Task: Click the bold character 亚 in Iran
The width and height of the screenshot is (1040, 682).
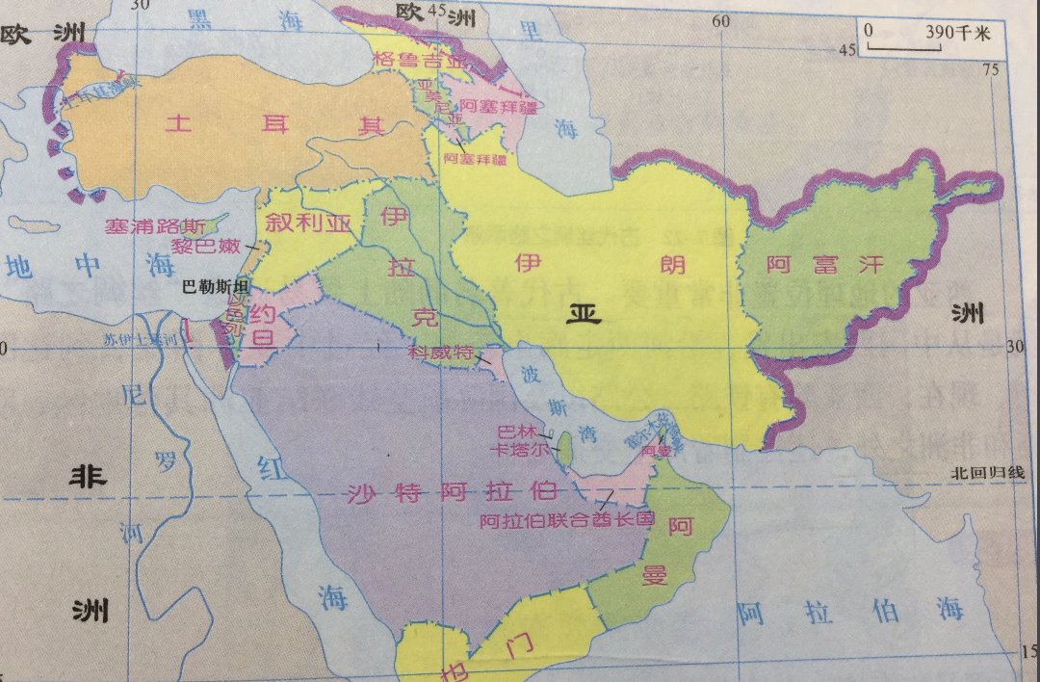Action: click(582, 314)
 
